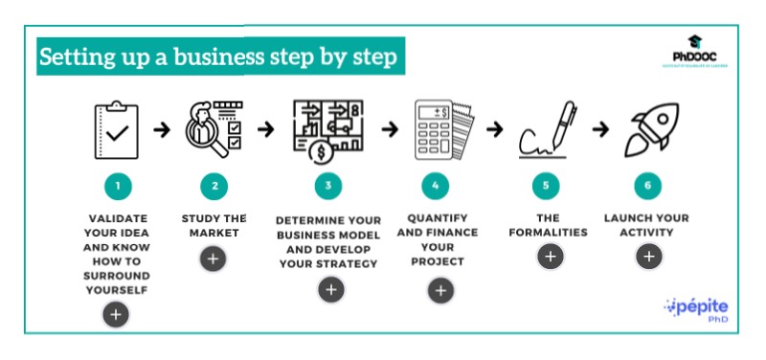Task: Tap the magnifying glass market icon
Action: pos(216,128)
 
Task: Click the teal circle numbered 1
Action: pos(116,185)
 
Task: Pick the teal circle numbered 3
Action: pos(327,185)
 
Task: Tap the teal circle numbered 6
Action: pos(648,185)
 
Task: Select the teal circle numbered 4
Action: pos(436,185)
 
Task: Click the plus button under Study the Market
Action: pos(214,257)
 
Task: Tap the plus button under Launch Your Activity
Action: pos(648,256)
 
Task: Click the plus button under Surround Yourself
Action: pos(116,313)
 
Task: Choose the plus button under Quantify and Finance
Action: pos(440,291)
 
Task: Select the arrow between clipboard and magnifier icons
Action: pos(163,128)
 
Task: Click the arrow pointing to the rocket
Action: pos(599,128)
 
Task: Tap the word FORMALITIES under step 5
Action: pos(549,232)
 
